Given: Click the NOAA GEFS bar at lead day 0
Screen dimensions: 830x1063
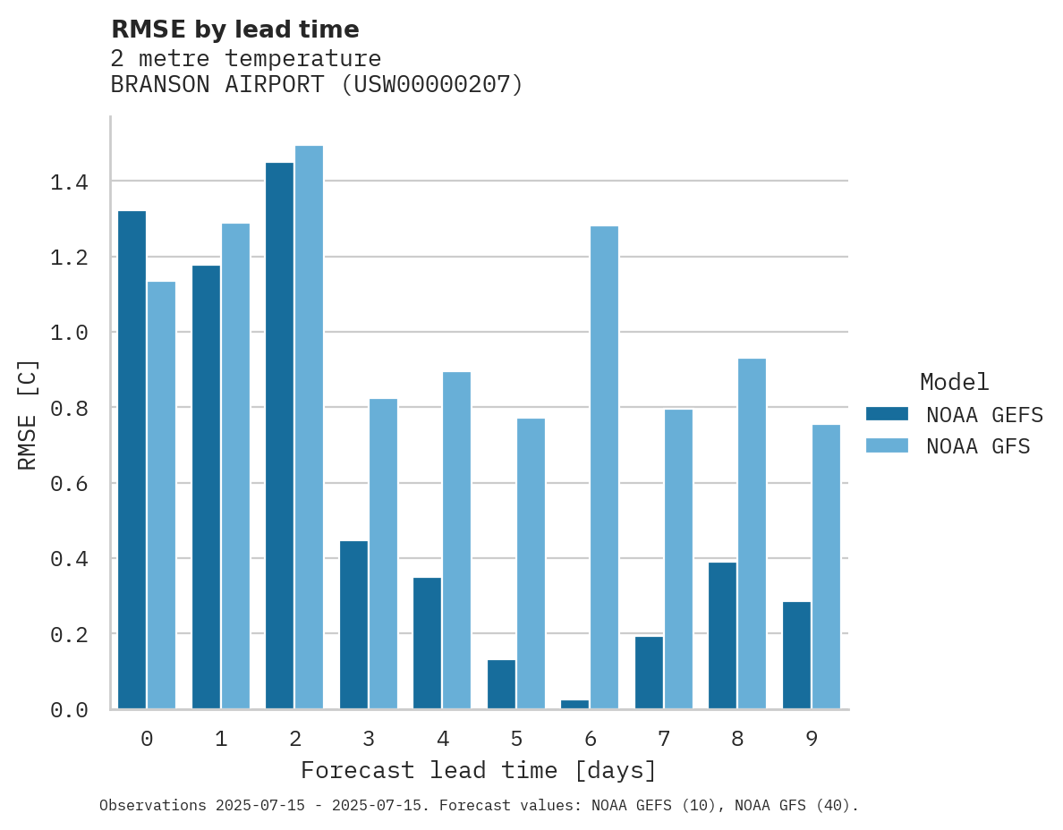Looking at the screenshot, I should tap(132, 460).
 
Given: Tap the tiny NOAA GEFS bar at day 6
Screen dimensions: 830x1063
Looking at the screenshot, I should tap(574, 704).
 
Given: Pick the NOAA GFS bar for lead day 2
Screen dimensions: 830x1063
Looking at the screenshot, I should tap(309, 427).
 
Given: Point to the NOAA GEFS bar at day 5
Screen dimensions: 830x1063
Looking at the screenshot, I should tap(501, 684).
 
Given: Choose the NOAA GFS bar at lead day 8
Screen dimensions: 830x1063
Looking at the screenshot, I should tap(752, 533).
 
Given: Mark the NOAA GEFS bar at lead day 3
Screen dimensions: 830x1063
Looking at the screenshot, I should tap(353, 624).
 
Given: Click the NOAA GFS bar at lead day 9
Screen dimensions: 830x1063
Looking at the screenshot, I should tap(826, 566).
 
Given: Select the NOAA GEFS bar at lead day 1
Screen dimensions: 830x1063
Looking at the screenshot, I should tap(206, 487).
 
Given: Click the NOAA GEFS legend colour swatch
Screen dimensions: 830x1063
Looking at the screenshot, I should tap(887, 414).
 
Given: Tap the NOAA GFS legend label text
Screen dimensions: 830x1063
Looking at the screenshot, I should tap(978, 446).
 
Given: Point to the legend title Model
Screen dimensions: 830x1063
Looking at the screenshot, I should tap(954, 382).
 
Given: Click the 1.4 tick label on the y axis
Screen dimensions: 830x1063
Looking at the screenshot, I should tap(69, 182).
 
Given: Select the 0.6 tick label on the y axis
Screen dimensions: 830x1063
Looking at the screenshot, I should tap(69, 484).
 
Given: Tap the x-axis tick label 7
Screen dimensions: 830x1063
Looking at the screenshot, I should tap(663, 739).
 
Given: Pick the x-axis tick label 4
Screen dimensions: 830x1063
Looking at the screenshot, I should tap(442, 739).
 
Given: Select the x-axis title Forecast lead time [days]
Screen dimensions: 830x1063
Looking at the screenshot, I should tap(479, 770).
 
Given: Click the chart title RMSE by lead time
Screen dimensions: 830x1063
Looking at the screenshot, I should tap(234, 30).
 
